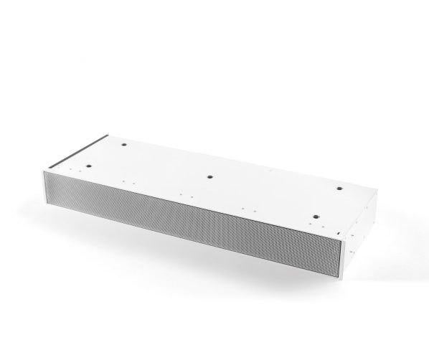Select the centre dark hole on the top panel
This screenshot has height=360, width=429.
209,176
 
